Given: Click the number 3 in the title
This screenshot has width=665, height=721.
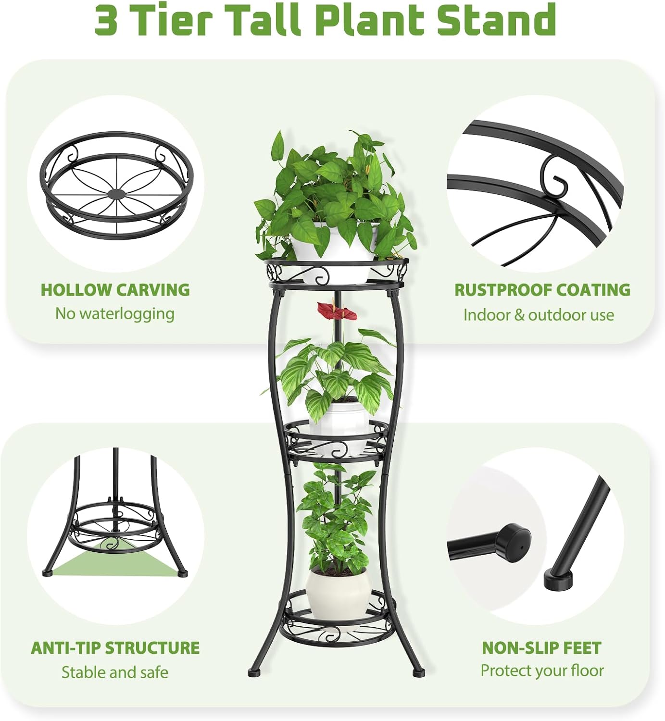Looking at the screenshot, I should tap(106, 21).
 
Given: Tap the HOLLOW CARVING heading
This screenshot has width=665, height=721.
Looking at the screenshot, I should tap(115, 290).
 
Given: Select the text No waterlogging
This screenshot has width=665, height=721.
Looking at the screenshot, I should tap(115, 313).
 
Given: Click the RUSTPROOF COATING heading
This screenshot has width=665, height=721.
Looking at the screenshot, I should tap(542, 290).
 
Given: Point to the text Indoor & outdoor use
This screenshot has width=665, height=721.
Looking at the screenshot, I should tap(539, 315).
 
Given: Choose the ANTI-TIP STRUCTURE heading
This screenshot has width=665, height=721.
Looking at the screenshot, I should tap(115, 647).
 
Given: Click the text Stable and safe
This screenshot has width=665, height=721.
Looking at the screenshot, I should tap(115, 671).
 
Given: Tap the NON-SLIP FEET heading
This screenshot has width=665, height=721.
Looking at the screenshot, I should tap(541, 647).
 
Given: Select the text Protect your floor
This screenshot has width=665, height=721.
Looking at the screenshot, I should tap(542, 671).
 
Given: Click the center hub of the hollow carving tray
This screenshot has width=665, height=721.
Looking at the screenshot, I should tap(117, 193).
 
